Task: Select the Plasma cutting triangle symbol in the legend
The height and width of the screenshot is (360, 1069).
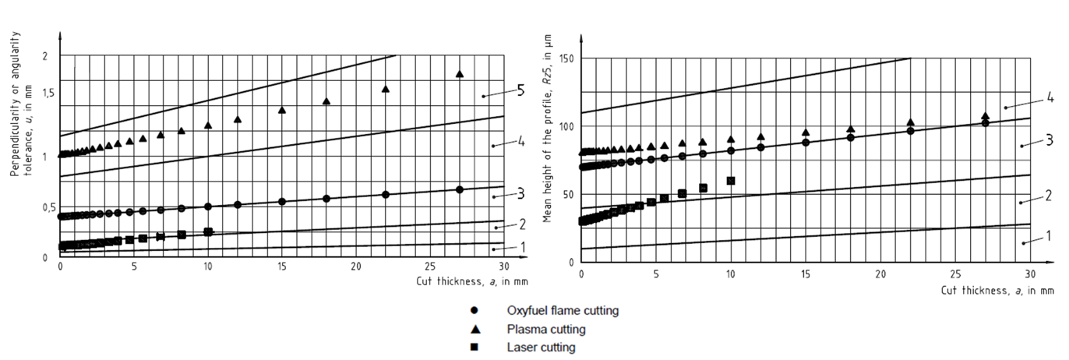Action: (475, 329)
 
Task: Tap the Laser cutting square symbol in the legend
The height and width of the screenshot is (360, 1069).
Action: (475, 347)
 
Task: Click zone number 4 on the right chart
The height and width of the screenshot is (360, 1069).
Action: (1050, 97)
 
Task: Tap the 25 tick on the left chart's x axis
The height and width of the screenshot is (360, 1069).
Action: (430, 266)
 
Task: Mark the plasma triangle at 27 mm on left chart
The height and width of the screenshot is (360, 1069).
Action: (460, 74)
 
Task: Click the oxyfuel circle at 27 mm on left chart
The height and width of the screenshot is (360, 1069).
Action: (460, 189)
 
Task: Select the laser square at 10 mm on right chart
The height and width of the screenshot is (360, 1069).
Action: (731, 181)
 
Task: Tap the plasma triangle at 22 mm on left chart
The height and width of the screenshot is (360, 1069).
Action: (385, 89)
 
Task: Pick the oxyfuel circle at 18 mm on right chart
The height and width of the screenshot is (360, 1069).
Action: (851, 138)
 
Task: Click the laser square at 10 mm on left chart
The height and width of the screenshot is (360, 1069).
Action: (208, 231)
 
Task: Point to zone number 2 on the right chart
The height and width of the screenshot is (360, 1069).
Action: (1049, 195)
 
